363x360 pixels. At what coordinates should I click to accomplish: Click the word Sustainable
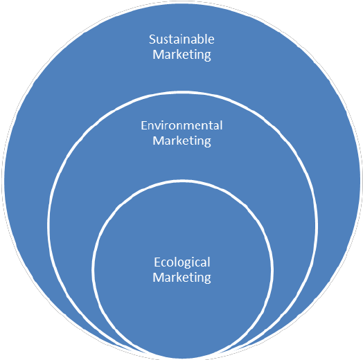pos(181,39)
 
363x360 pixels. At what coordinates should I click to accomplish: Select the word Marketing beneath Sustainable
pos(181,55)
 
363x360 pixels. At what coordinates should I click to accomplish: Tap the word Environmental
pos(181,125)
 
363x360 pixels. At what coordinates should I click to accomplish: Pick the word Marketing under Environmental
pos(181,141)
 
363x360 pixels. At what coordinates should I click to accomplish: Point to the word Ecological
pos(182,263)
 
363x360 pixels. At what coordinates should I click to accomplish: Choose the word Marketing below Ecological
pos(181,278)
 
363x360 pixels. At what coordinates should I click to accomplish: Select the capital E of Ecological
pos(157,262)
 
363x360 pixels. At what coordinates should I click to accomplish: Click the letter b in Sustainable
pos(199,39)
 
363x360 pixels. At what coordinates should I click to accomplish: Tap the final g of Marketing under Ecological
pos(208,279)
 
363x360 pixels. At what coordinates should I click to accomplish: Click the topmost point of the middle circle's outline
pos(182,92)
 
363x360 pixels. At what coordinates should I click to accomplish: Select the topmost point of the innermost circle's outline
pos(182,181)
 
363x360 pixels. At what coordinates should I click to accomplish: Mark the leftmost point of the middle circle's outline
pos(48,224)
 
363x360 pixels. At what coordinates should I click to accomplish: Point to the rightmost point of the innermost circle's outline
pos(272,270)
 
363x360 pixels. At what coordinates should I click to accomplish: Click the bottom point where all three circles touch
pos(182,359)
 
